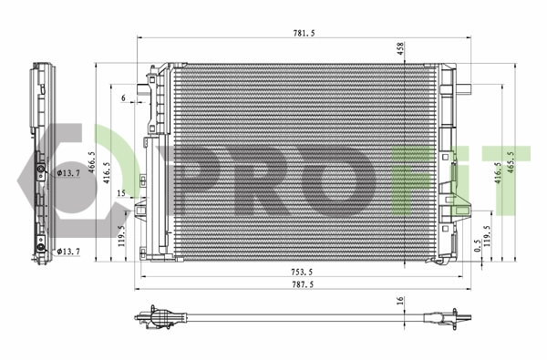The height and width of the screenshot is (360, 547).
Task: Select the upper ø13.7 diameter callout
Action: (69, 171)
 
